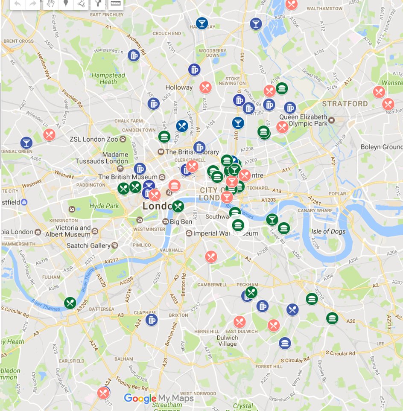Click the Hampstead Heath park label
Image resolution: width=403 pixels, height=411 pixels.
click(x=108, y=79)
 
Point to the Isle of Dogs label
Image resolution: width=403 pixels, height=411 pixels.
click(x=328, y=231)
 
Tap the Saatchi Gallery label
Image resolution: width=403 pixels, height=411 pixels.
click(x=88, y=246)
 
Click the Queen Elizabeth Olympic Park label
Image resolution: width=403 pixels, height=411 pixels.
click(x=303, y=120)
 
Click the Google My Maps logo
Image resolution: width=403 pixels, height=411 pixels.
click(x=158, y=398)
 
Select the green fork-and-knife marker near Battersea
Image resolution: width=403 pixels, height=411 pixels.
click(x=70, y=303)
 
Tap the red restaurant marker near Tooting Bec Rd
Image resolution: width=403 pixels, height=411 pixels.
click(x=103, y=393)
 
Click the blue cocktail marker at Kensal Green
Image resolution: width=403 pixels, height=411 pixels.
click(x=26, y=143)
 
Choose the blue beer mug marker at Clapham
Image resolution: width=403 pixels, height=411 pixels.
click(x=151, y=319)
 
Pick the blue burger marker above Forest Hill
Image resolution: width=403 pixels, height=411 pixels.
click(x=285, y=342)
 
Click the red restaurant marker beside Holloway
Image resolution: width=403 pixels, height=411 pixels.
click(x=205, y=87)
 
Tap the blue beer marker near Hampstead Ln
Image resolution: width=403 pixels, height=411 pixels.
click(x=134, y=55)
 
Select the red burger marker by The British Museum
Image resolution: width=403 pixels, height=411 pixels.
click(x=174, y=186)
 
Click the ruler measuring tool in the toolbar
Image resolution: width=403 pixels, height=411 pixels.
click(x=115, y=4)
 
